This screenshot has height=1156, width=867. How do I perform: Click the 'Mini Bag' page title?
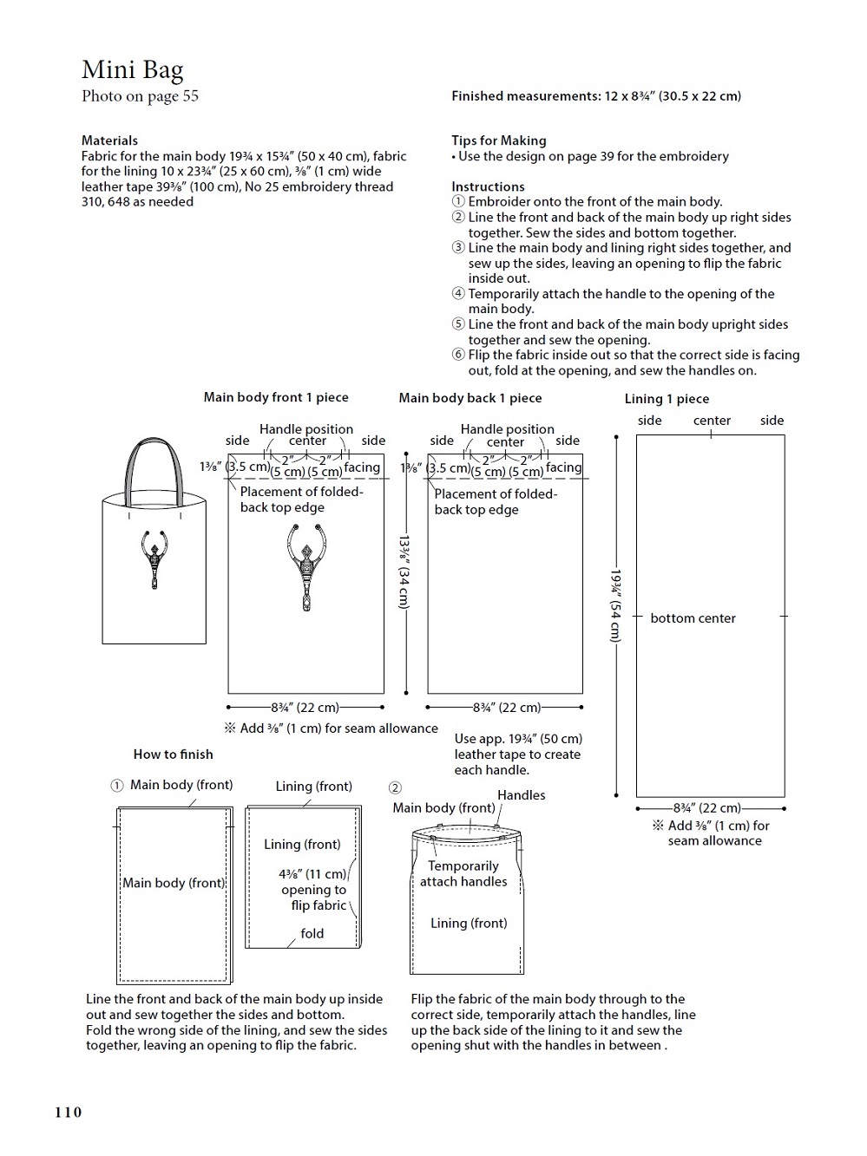132,69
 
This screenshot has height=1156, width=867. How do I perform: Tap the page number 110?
68,1112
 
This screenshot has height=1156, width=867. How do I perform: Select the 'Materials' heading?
109,140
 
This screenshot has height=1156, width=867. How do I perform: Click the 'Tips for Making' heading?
498,140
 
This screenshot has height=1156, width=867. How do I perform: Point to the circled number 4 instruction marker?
458,294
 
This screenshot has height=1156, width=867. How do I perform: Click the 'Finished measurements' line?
595,96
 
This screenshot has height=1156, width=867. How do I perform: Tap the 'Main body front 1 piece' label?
276,397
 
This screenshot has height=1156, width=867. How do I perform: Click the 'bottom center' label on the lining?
693,618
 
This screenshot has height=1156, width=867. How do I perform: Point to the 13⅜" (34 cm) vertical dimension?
404,571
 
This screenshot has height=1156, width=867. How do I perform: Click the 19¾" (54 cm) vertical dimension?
615,606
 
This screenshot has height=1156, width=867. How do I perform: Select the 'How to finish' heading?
173,754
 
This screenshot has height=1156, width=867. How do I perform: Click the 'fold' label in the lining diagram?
312,934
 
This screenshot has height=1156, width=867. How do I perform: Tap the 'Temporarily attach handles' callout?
463,873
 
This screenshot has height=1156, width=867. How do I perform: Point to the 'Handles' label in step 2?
521,795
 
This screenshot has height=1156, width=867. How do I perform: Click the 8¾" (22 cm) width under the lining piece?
707,808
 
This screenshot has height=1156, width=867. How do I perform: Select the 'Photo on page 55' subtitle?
140,96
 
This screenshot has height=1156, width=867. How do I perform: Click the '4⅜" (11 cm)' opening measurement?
312,874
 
